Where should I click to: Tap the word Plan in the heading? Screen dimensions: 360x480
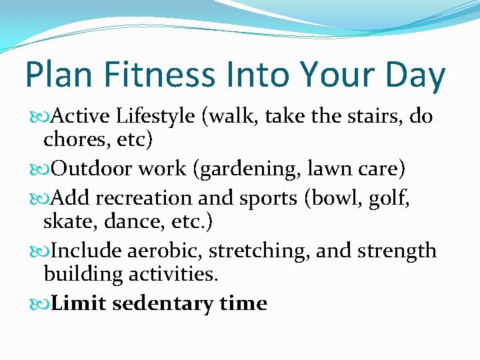pos(54,75)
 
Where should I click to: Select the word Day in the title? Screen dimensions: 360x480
pos(414,75)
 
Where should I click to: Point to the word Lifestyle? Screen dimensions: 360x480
pos(155,117)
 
